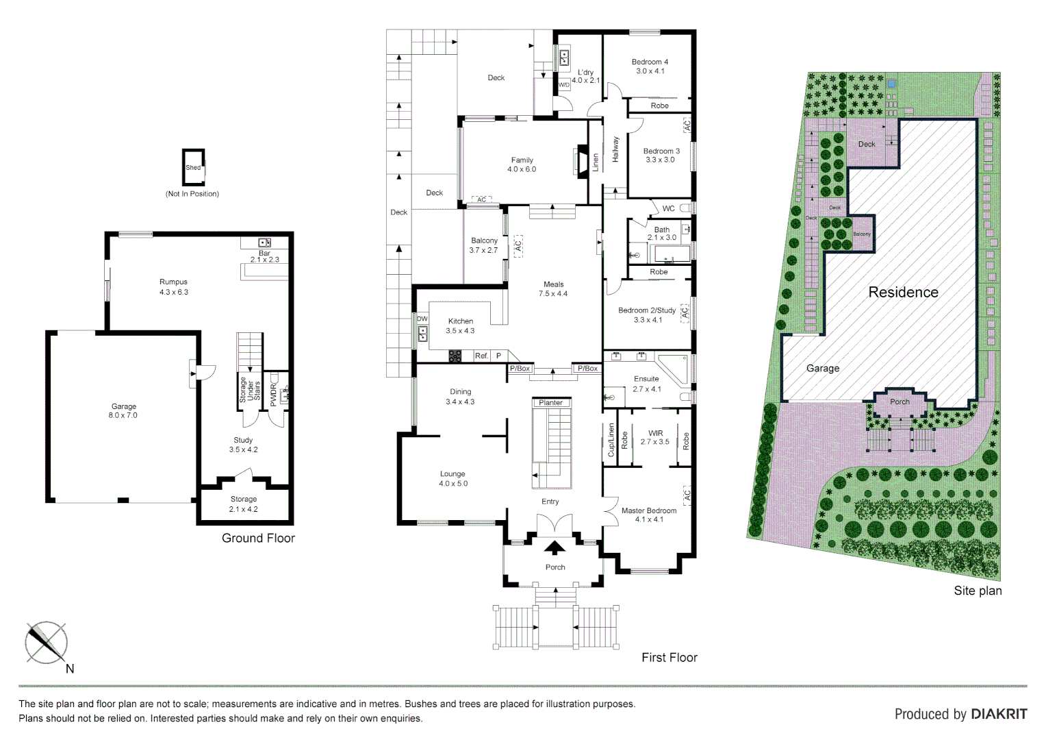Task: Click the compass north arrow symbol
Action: point(47,643)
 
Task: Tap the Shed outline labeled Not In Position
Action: point(194,167)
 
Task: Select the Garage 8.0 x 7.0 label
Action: point(123,410)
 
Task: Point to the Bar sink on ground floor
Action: point(265,243)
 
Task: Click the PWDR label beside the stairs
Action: point(274,395)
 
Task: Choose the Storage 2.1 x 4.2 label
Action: point(244,504)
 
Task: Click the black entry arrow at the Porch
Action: point(554,547)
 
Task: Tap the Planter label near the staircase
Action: point(551,403)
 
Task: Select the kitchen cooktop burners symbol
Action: point(455,356)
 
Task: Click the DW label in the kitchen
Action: point(422,319)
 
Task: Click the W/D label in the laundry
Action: point(564,85)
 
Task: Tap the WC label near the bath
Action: point(668,208)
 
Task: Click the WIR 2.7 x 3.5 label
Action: point(655,437)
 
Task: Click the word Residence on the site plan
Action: point(903,293)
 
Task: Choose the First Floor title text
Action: point(669,657)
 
